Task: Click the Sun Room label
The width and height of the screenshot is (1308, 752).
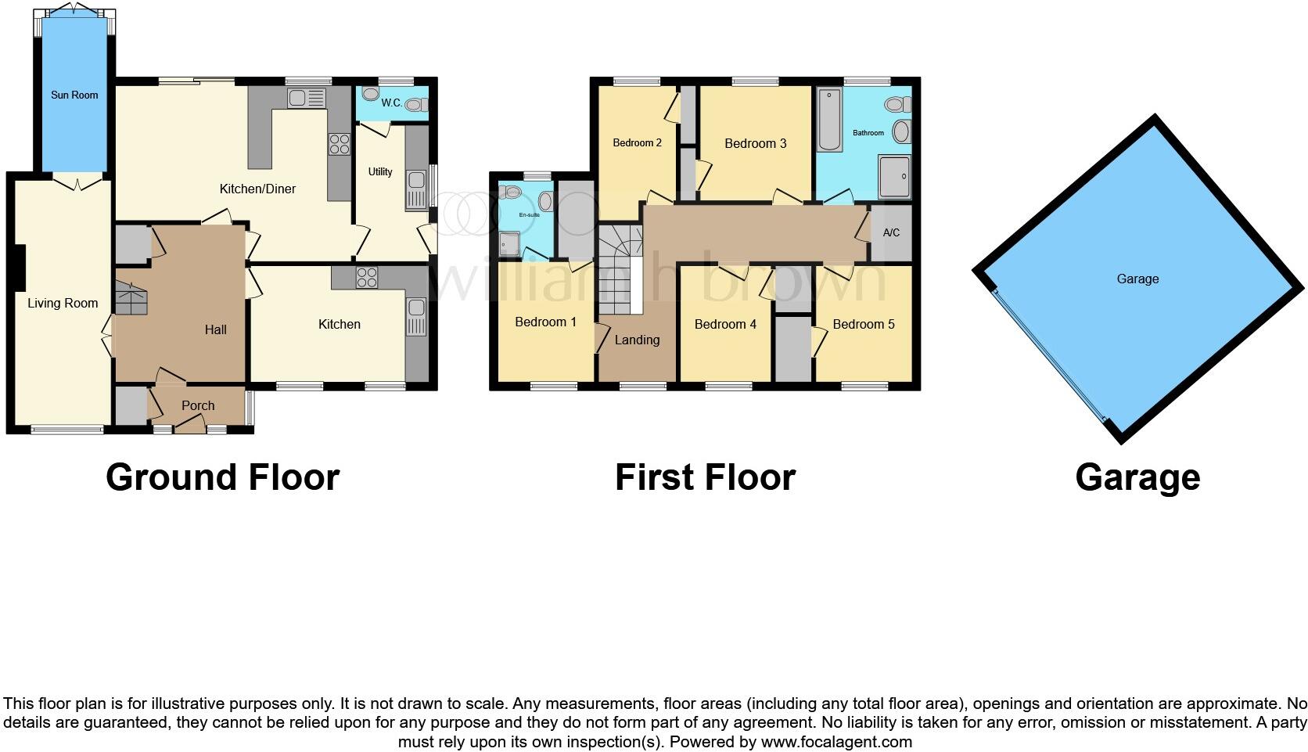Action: tap(74, 95)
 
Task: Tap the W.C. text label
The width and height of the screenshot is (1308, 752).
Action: tap(391, 103)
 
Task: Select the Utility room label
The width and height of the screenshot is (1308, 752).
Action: tap(380, 171)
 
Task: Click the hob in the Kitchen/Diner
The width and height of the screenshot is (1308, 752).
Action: tap(340, 144)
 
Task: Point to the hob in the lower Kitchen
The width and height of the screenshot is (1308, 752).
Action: tap(367, 277)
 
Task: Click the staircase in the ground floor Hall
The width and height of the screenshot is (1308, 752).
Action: tap(131, 298)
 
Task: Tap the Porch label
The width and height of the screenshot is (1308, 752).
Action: tap(198, 405)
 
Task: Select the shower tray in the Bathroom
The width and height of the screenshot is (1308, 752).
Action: tap(895, 176)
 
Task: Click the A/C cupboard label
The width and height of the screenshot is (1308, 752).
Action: tap(891, 232)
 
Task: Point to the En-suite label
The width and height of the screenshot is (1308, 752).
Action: tap(530, 214)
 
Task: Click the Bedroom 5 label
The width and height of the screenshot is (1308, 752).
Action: tap(864, 324)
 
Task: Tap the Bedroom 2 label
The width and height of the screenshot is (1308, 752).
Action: tap(637, 142)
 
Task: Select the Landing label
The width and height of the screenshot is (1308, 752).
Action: tap(637, 340)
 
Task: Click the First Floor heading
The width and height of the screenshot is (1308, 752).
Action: tap(705, 477)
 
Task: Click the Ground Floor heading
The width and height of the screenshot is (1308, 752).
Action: tap(222, 477)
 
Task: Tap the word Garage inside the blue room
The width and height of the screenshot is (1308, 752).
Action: tap(1137, 279)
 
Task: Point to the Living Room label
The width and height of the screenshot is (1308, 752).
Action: tap(63, 303)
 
